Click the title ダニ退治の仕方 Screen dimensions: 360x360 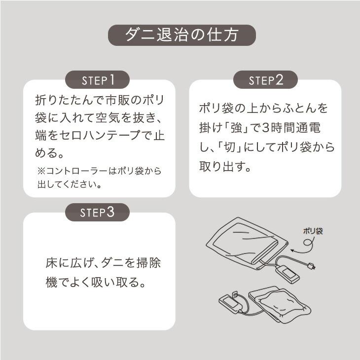coord(182,35)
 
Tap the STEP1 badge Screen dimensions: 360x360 coord(98,80)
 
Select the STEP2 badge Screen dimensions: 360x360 coord(265,80)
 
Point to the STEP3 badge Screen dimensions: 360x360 coord(98,213)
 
